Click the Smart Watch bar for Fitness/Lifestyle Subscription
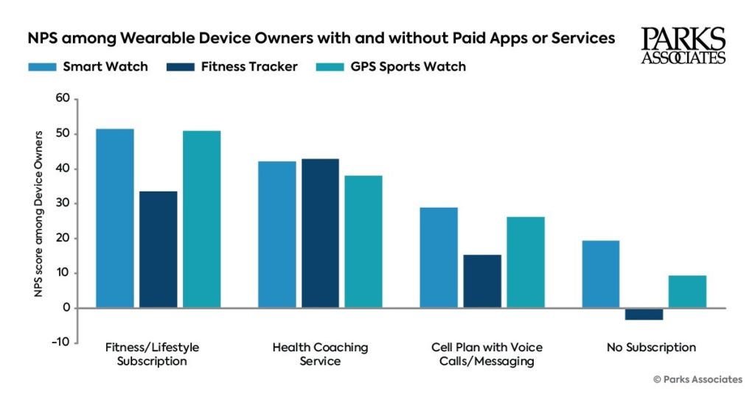115,218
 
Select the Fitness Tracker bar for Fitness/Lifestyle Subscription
159,250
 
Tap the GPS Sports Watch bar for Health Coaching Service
363,242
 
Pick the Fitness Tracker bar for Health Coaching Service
320,233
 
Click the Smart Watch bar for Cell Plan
439,258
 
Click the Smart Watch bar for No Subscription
600,274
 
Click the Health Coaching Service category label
320,354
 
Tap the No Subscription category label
651,347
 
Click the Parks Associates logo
683,46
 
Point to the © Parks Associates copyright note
697,379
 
